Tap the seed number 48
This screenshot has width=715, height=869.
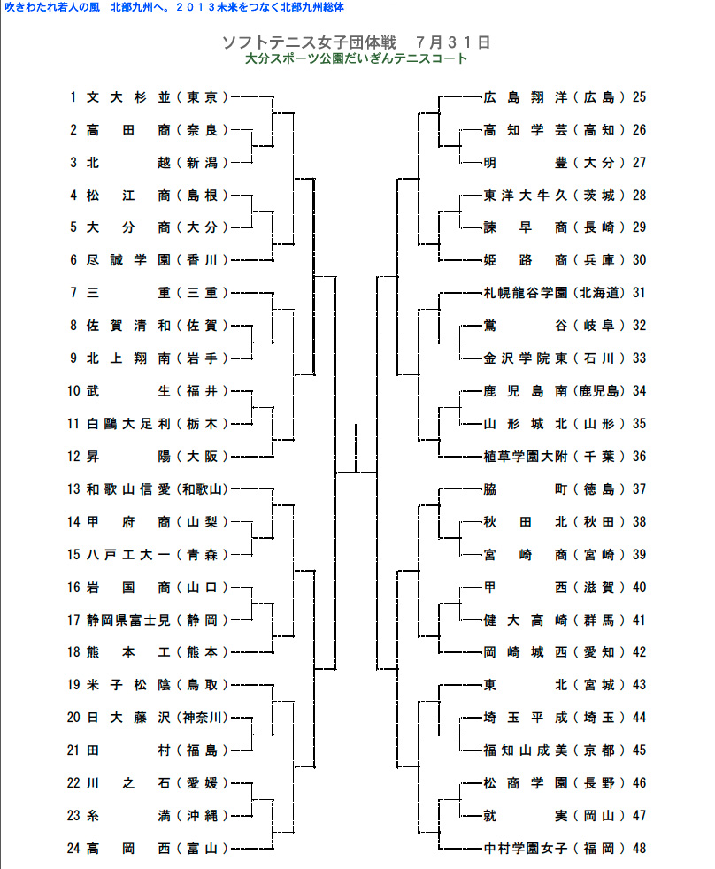[x=640, y=849]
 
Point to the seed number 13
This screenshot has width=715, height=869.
[x=73, y=488]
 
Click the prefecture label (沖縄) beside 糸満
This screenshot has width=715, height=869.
[x=203, y=816]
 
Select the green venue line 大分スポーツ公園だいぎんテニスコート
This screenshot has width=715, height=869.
[x=357, y=60]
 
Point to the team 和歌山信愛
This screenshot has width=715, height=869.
[x=127, y=488]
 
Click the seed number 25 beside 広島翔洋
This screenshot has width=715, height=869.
[x=640, y=97]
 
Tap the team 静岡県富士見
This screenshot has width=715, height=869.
[x=127, y=619]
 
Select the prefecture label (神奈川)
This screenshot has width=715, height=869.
[x=203, y=718]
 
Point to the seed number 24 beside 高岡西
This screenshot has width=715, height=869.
[x=73, y=849]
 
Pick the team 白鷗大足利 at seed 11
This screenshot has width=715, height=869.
[x=127, y=424]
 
